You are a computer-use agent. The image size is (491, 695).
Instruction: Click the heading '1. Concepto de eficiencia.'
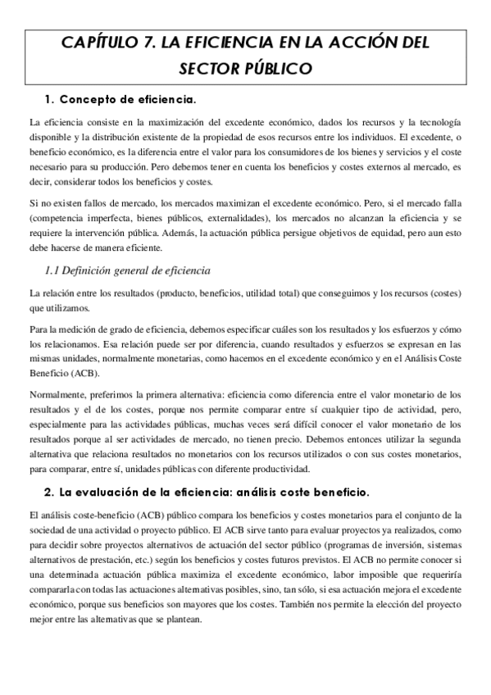pyautogui.click(x=120, y=100)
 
